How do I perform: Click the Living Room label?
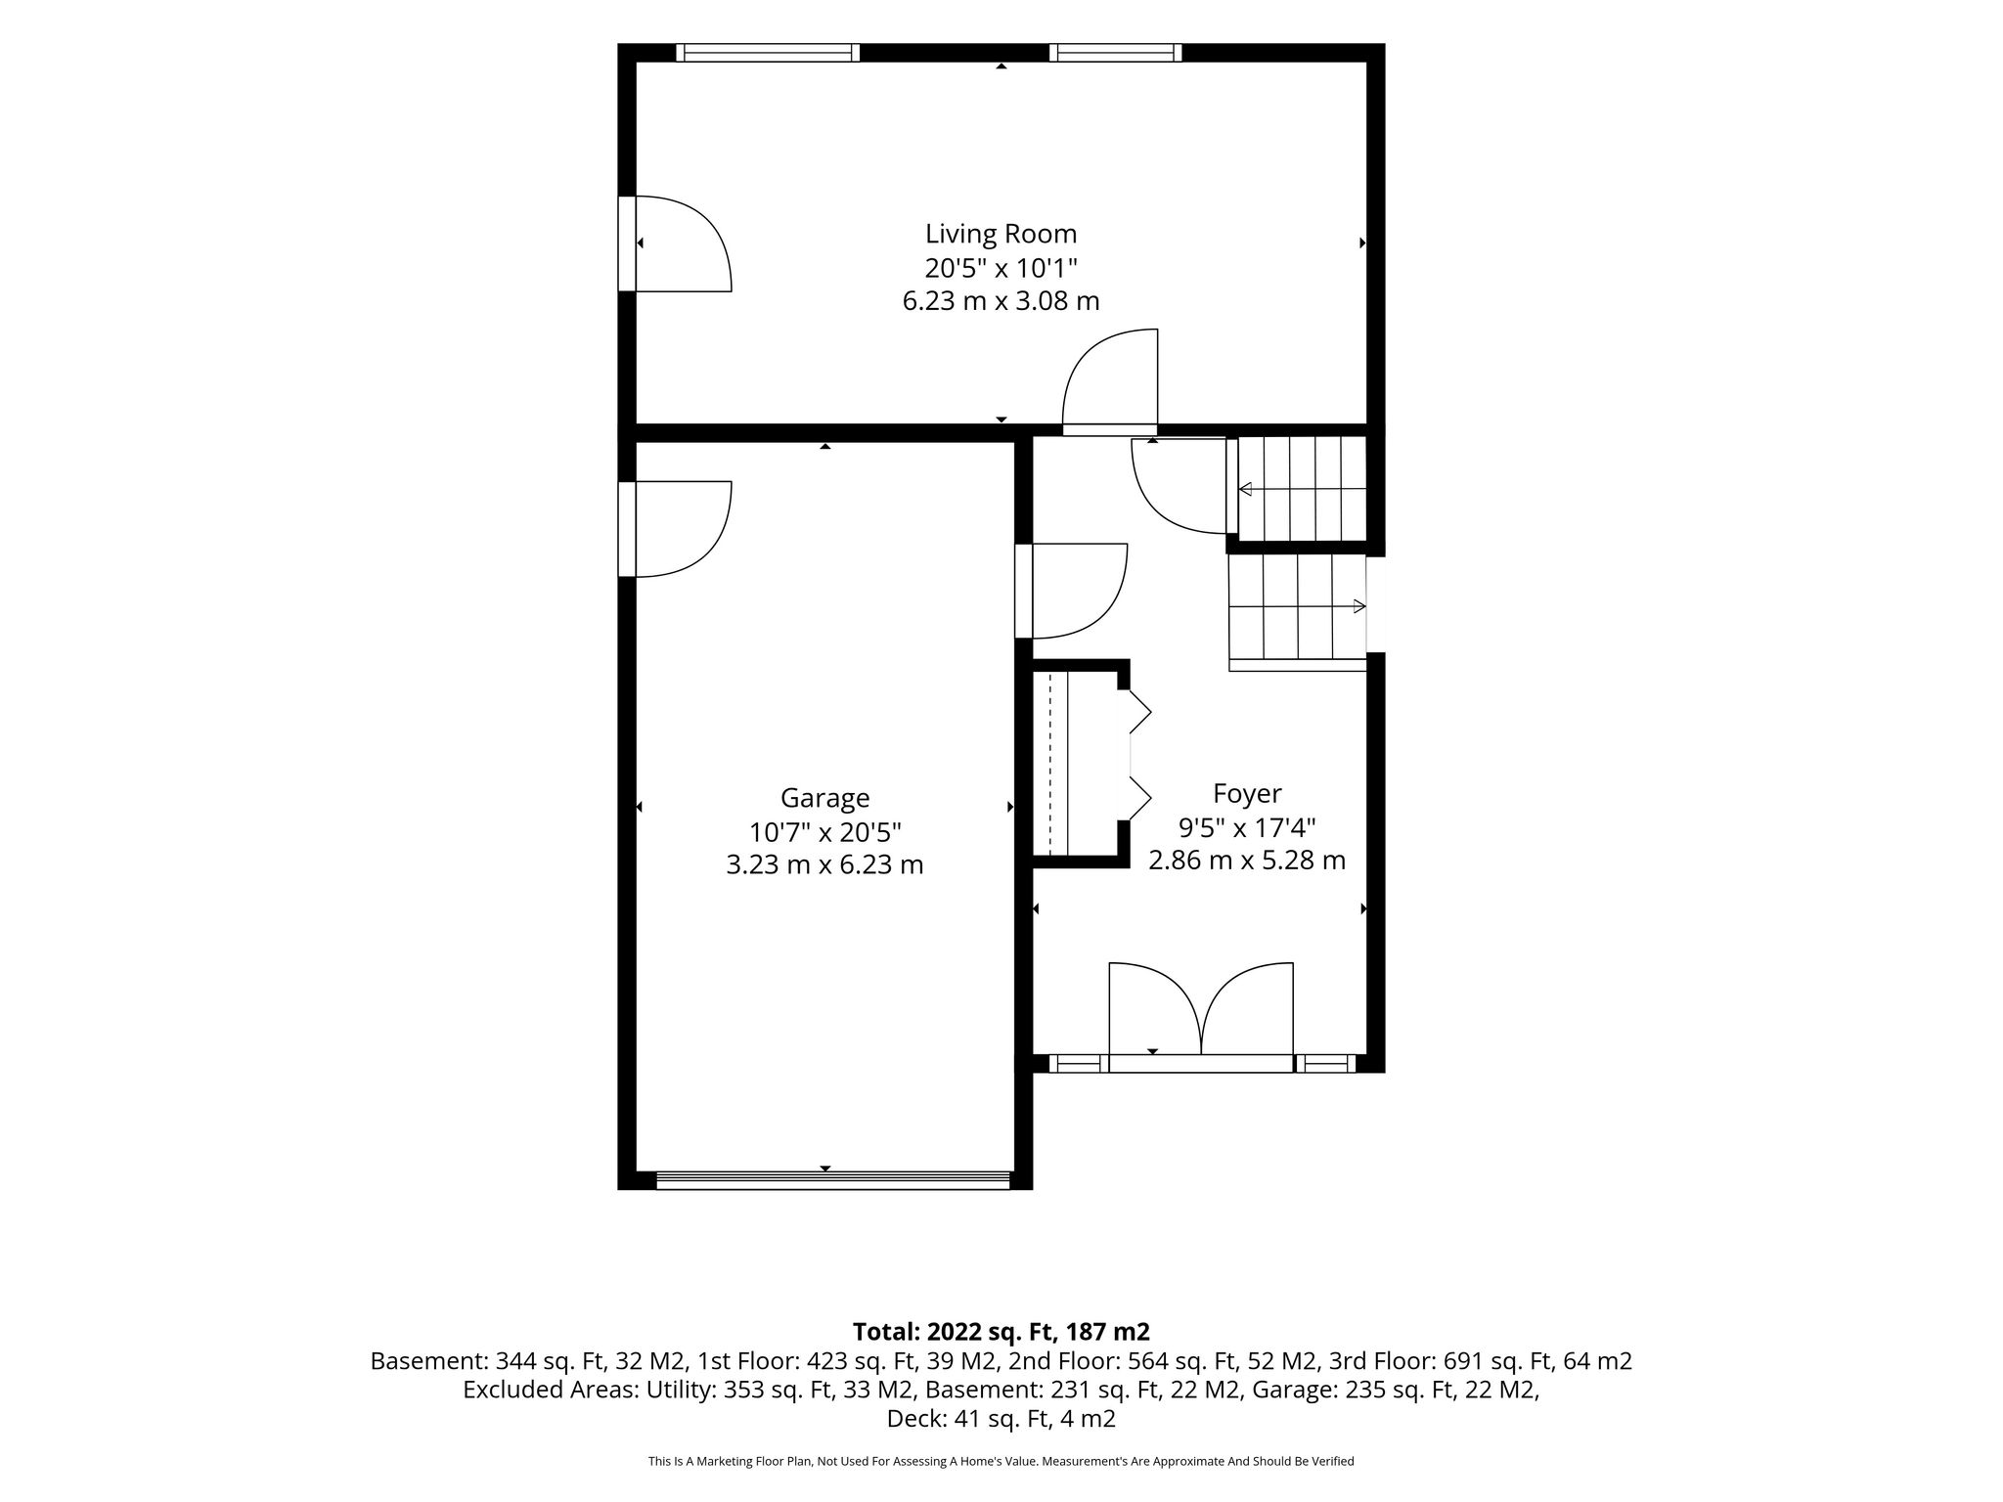point(1001,234)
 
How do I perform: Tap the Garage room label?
point(824,798)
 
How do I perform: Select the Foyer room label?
point(1247,793)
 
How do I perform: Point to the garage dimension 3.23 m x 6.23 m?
point(824,864)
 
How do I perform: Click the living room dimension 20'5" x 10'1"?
point(1001,267)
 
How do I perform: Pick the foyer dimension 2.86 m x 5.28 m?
point(1247,861)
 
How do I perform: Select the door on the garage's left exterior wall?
point(675,529)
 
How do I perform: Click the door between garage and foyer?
point(1071,591)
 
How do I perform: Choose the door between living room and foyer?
point(1110,382)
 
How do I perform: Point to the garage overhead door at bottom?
point(832,1180)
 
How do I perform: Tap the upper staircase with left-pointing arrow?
point(1302,489)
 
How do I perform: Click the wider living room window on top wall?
point(768,53)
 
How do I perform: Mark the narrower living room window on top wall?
point(1115,53)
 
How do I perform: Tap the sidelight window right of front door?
point(1325,1064)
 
